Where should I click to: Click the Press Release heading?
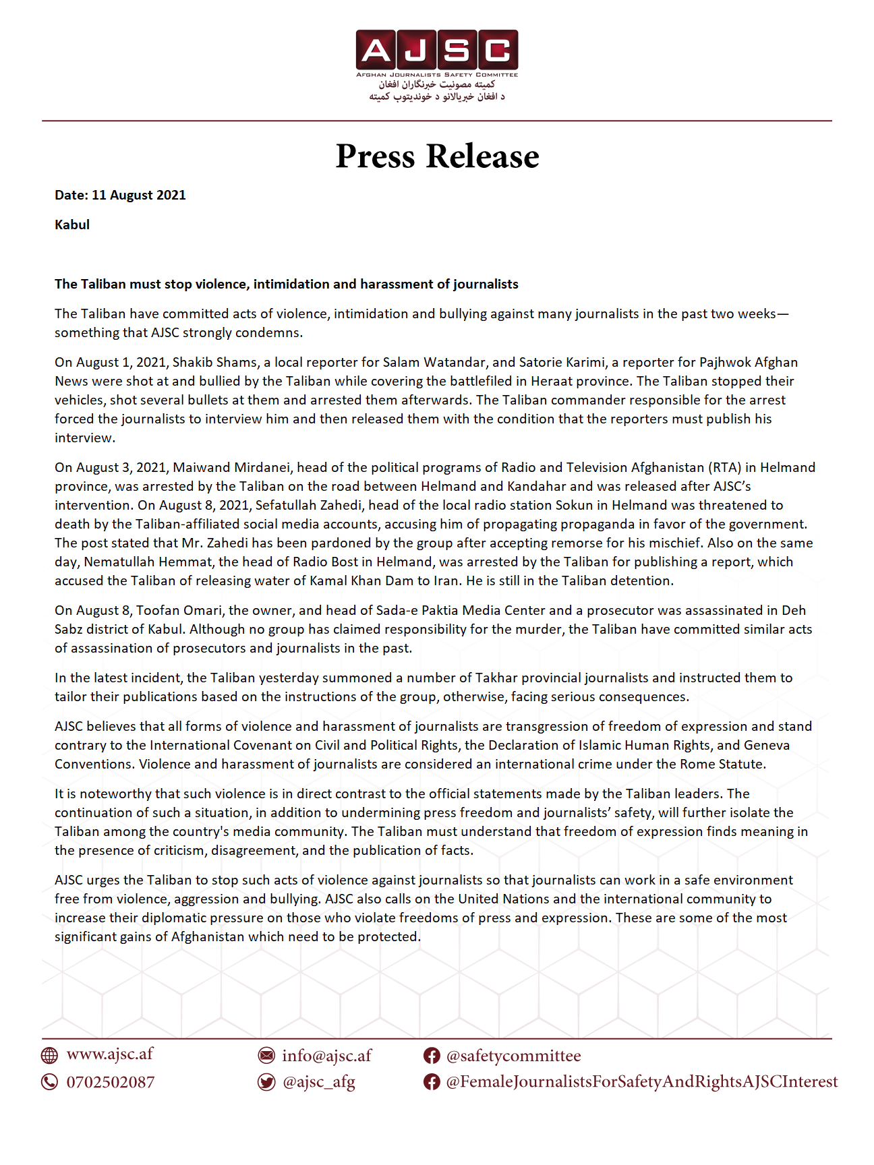click(437, 156)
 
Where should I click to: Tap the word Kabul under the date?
click(72, 225)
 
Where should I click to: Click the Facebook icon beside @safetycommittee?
click(432, 1056)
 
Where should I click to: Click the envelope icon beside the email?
click(267, 1056)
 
